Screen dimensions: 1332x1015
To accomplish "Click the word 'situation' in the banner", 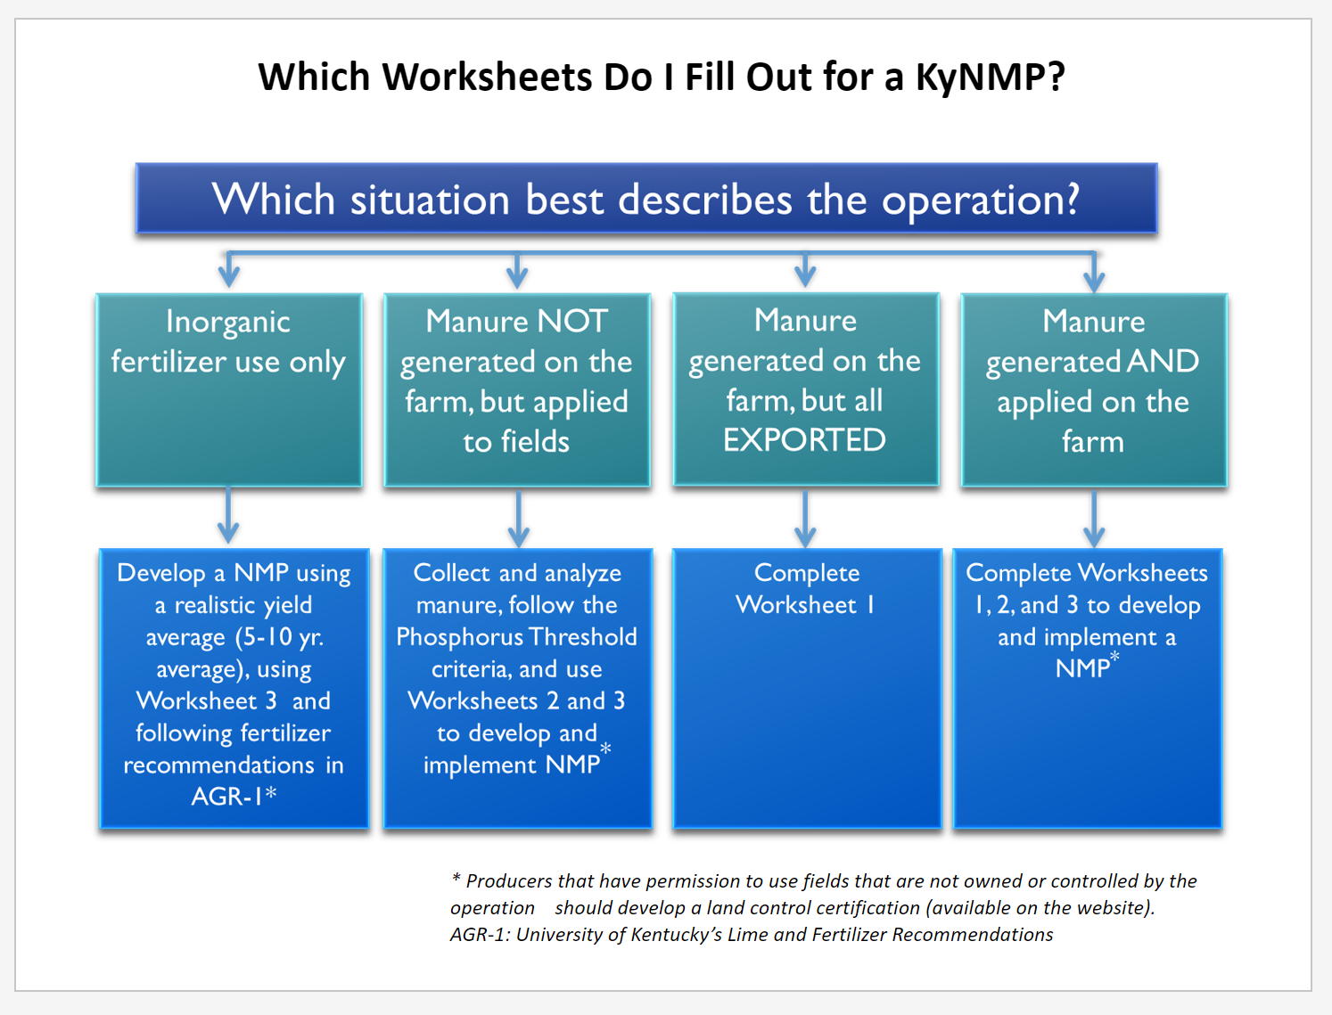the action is click(x=430, y=201).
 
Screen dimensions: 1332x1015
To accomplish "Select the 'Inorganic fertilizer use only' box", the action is click(x=229, y=390).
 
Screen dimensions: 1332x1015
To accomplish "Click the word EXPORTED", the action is click(x=805, y=440).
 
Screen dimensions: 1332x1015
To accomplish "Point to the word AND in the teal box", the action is click(x=1163, y=362).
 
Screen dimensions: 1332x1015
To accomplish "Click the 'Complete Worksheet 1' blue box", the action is click(x=807, y=688).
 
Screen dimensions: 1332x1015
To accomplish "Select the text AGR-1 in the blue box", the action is click(x=227, y=797).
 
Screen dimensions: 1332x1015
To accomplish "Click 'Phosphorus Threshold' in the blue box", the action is click(x=516, y=637).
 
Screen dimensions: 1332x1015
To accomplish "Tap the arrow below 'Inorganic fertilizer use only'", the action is click(x=228, y=515).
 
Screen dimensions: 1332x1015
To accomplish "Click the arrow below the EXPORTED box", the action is click(x=805, y=519).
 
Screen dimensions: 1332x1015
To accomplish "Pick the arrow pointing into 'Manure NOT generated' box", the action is click(x=517, y=270).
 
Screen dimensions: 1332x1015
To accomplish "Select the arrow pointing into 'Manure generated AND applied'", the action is click(x=1094, y=273).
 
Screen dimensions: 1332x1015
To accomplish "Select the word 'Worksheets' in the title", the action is click(x=488, y=78).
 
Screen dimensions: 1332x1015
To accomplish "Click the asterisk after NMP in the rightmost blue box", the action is click(x=1114, y=656).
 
